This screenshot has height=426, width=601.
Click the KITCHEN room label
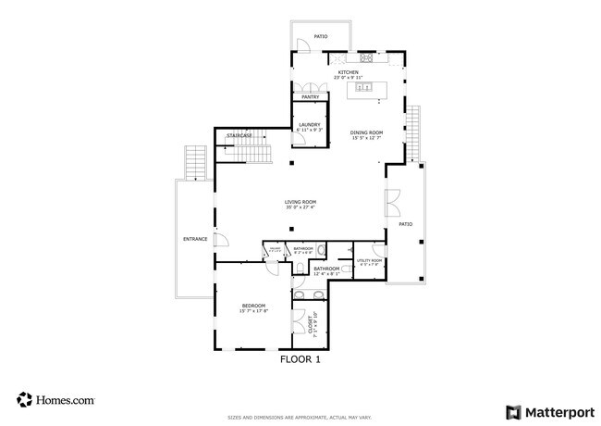349,71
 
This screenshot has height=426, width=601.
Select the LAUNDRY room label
309,125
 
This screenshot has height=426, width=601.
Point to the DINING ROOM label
366,132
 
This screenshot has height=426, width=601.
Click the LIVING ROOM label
300,202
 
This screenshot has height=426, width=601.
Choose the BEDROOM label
253,306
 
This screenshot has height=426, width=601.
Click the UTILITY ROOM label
371,261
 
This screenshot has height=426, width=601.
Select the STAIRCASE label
239,136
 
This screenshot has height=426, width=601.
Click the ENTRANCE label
195,240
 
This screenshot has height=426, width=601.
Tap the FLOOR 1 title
300,361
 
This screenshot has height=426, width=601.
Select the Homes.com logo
55,400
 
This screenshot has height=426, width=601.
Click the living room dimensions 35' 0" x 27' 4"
300,207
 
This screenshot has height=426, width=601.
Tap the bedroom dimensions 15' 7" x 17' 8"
253,311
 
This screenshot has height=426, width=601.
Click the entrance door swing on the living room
222,240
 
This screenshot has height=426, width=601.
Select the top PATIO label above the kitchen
320,37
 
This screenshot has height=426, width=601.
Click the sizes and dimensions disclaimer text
300,417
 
